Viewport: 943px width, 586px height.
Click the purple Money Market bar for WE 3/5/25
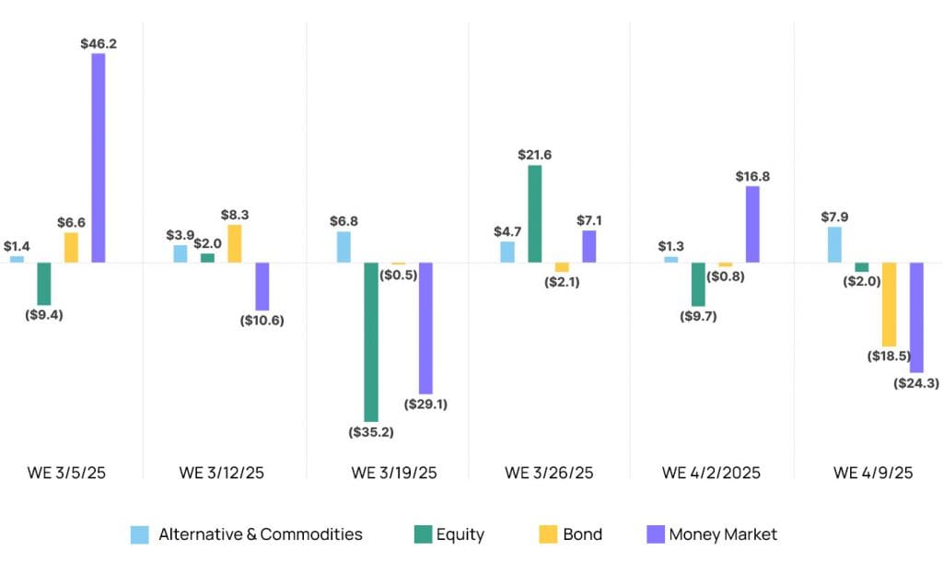click(x=98, y=158)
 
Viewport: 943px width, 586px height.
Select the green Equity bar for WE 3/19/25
click(x=371, y=342)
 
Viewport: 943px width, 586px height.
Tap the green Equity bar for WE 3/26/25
click(x=534, y=214)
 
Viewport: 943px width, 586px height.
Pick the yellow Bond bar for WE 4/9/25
click(x=889, y=304)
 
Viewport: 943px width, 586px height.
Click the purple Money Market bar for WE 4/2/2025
click(x=752, y=224)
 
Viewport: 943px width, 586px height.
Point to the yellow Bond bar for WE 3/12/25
click(x=235, y=243)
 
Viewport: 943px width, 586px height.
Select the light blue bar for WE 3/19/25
click(x=343, y=247)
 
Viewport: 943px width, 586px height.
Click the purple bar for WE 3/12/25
click(x=262, y=287)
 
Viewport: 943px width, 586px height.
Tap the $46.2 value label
click(x=99, y=43)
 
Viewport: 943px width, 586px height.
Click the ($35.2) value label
click(x=371, y=431)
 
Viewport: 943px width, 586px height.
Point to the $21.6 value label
click(x=534, y=155)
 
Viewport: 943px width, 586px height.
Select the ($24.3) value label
click(x=916, y=382)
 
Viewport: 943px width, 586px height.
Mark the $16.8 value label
click(x=752, y=176)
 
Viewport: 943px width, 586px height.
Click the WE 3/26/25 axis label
click(x=549, y=473)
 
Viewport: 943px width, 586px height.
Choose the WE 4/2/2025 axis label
click(x=712, y=473)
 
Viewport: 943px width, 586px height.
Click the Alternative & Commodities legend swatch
click(x=140, y=534)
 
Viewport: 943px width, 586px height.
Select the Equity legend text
click(x=460, y=534)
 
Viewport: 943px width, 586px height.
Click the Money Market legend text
click(x=723, y=534)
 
